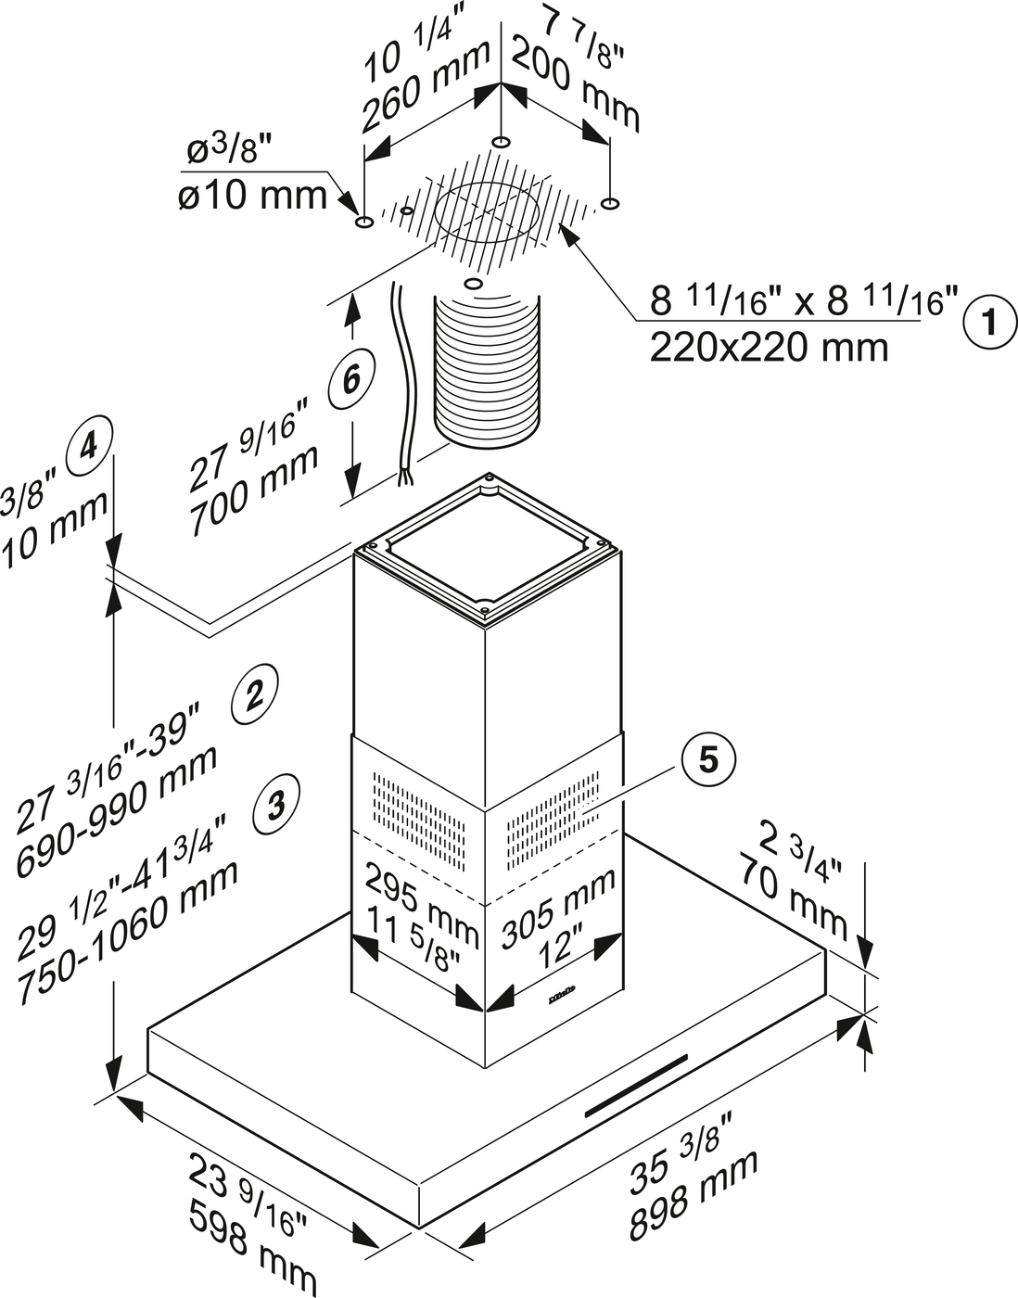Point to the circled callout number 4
(89, 447)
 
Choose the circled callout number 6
(353, 377)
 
